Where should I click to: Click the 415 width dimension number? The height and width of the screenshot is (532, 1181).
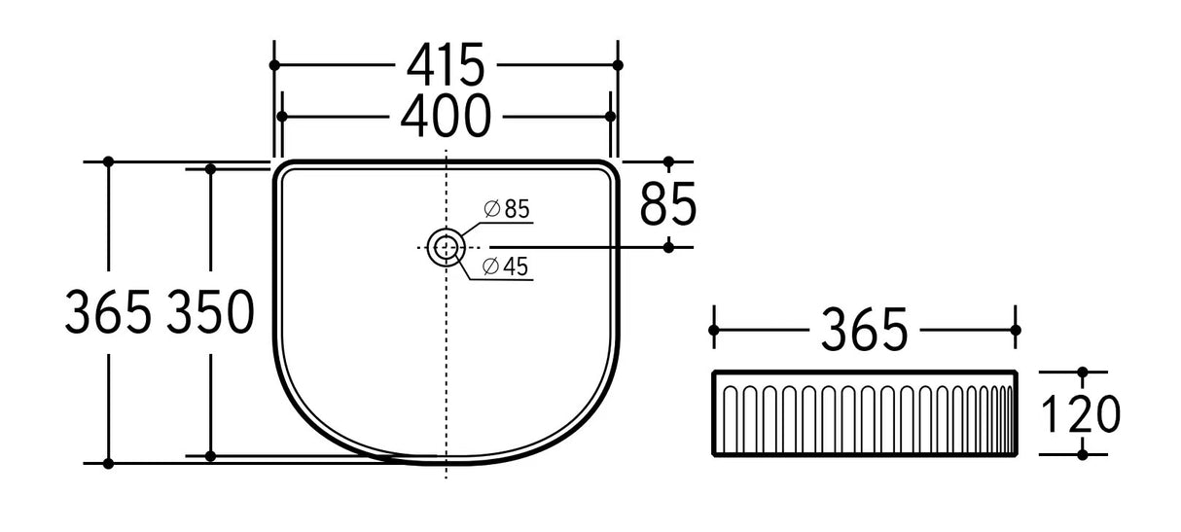click(x=446, y=66)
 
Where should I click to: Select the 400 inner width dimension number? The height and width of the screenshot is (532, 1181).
click(x=446, y=117)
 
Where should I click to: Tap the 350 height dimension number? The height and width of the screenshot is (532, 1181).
click(x=211, y=313)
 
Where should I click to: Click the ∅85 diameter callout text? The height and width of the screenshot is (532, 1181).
click(x=505, y=208)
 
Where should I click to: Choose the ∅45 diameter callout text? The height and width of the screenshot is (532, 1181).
click(x=505, y=267)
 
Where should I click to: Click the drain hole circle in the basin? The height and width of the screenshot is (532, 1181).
click(x=446, y=247)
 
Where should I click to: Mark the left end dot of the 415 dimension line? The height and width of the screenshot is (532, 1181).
click(x=274, y=65)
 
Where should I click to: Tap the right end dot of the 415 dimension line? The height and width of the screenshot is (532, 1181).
click(x=618, y=65)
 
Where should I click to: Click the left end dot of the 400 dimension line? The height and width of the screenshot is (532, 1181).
click(x=281, y=116)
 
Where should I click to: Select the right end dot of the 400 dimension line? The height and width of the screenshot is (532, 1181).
click(x=611, y=116)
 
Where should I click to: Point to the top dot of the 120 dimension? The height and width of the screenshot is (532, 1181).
click(x=1083, y=372)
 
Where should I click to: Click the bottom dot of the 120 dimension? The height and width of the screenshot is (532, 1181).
click(x=1083, y=454)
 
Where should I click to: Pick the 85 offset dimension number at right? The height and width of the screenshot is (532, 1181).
click(x=668, y=205)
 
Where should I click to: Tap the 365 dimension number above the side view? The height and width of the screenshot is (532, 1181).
click(x=865, y=331)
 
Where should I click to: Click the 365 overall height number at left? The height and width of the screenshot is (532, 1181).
click(x=108, y=313)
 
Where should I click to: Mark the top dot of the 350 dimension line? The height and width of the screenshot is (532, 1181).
click(x=210, y=168)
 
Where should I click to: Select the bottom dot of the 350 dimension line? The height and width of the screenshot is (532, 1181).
click(x=210, y=454)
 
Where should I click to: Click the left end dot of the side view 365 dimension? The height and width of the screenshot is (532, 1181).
click(x=715, y=331)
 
